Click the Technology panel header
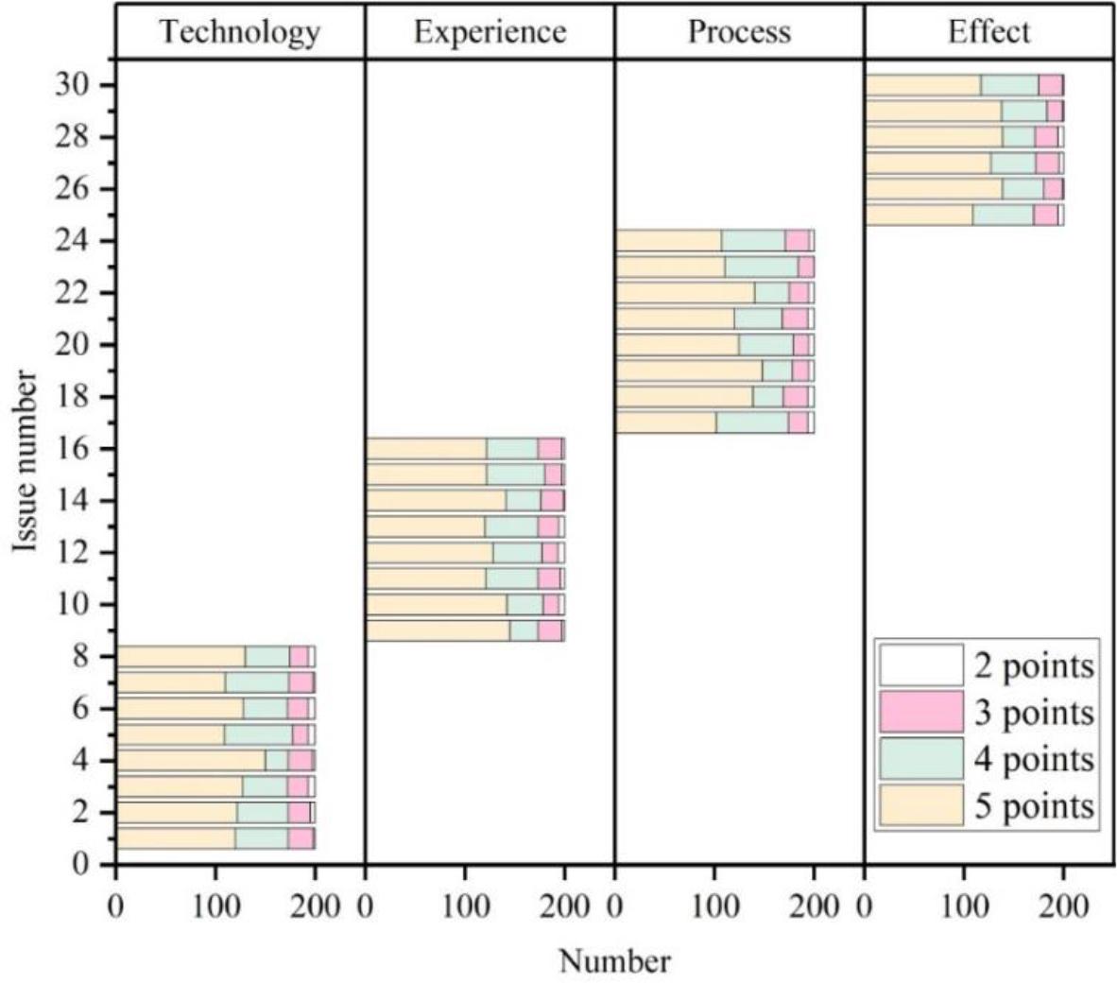coord(239,32)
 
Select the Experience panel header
coord(490,32)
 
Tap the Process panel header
coord(739,32)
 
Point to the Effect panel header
coord(988,32)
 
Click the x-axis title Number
coord(614,961)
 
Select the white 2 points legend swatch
coord(920,664)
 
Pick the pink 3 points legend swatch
coord(920,712)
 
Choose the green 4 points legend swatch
coord(920,758)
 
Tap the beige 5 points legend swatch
coord(920,805)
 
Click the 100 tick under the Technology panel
coord(215,905)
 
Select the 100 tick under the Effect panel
coord(963,905)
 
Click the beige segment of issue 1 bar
coord(175,838)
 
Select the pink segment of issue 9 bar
coord(550,630)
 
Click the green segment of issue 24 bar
coord(753,240)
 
